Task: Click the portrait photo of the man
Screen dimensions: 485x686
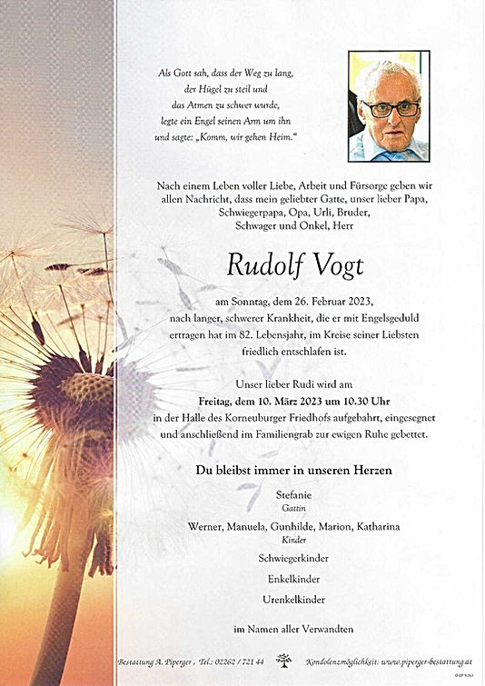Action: pyautogui.click(x=389, y=106)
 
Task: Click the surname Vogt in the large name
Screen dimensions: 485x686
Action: pyautogui.click(x=335, y=265)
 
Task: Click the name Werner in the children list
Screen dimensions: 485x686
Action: pyautogui.click(x=207, y=527)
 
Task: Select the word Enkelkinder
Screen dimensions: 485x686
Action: pyautogui.click(x=292, y=579)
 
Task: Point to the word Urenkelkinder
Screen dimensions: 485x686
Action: pyautogui.click(x=292, y=600)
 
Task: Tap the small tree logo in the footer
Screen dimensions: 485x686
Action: pyautogui.click(x=284, y=660)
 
